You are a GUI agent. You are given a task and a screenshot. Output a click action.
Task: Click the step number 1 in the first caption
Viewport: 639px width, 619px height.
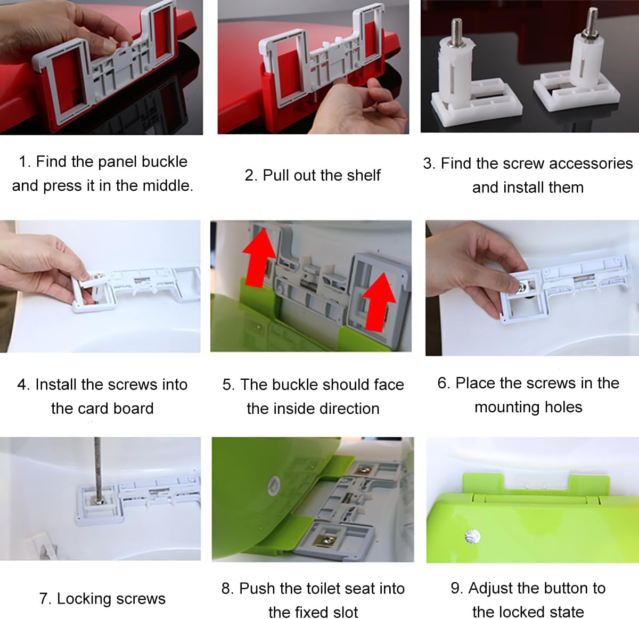point(23,162)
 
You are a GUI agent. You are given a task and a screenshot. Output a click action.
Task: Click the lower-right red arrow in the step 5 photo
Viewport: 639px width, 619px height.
point(379,302)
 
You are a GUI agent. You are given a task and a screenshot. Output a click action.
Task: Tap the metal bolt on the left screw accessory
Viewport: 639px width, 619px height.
point(457,31)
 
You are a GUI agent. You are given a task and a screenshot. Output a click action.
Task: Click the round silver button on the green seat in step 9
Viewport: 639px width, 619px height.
point(472,536)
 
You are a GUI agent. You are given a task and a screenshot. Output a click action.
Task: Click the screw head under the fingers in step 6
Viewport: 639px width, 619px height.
point(522,288)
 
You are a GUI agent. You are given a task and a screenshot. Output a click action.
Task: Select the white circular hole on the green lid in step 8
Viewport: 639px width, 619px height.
point(274,486)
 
